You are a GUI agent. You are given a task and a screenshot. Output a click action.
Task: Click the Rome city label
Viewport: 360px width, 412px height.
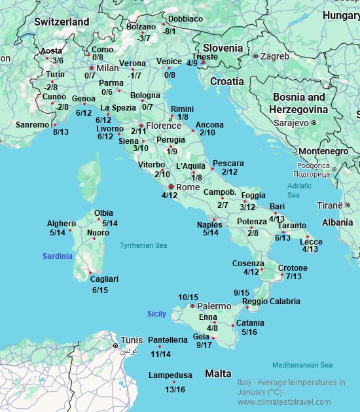click(x=188, y=187)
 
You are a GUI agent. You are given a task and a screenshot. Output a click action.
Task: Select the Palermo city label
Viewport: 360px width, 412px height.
click(x=214, y=306)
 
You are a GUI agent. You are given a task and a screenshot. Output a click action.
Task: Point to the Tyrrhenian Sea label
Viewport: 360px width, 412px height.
click(x=143, y=245)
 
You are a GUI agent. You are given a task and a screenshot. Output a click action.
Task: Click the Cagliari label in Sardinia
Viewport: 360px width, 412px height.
click(x=105, y=279)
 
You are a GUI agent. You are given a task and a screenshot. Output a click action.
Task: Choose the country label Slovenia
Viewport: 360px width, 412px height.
click(x=223, y=48)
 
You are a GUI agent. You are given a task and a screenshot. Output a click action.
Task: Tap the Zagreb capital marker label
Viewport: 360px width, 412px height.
click(x=275, y=56)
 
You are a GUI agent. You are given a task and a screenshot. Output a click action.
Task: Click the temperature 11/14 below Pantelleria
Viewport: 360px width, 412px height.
click(x=160, y=354)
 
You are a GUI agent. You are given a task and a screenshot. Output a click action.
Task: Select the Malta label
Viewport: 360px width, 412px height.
click(x=218, y=374)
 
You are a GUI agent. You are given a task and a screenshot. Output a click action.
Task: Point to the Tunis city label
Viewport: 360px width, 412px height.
click(x=132, y=340)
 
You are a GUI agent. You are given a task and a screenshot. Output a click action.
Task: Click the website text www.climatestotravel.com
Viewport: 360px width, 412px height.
click(x=283, y=402)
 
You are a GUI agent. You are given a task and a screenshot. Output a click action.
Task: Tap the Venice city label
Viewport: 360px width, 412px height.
click(x=169, y=61)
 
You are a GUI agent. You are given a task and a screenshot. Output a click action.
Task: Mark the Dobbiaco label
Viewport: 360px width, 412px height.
click(x=185, y=19)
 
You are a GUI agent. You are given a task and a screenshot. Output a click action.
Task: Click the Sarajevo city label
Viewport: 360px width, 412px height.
click(x=289, y=122)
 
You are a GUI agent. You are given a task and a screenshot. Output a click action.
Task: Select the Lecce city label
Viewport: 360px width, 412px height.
click(x=312, y=241)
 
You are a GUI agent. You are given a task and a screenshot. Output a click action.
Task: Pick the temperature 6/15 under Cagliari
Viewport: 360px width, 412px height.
click(x=100, y=290)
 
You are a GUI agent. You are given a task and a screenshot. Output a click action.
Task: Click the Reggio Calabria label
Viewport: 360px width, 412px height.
click(x=271, y=301)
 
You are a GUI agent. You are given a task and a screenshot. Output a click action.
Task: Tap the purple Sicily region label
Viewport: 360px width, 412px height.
click(x=156, y=314)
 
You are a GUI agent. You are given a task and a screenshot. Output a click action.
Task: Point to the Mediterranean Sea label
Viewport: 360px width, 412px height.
click(x=302, y=365)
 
